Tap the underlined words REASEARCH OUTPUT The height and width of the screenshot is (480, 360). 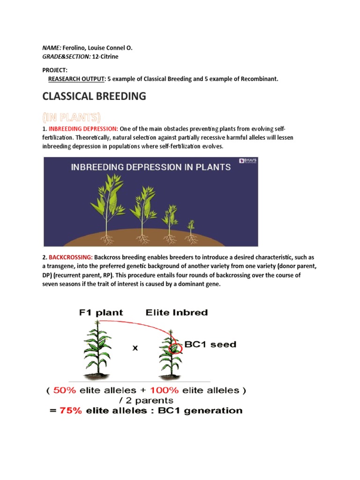click(76, 79)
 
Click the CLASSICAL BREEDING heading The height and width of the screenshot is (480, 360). click(94, 97)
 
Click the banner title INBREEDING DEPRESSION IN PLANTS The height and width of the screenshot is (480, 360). click(150, 167)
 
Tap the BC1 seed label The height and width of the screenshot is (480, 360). click(210, 345)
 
